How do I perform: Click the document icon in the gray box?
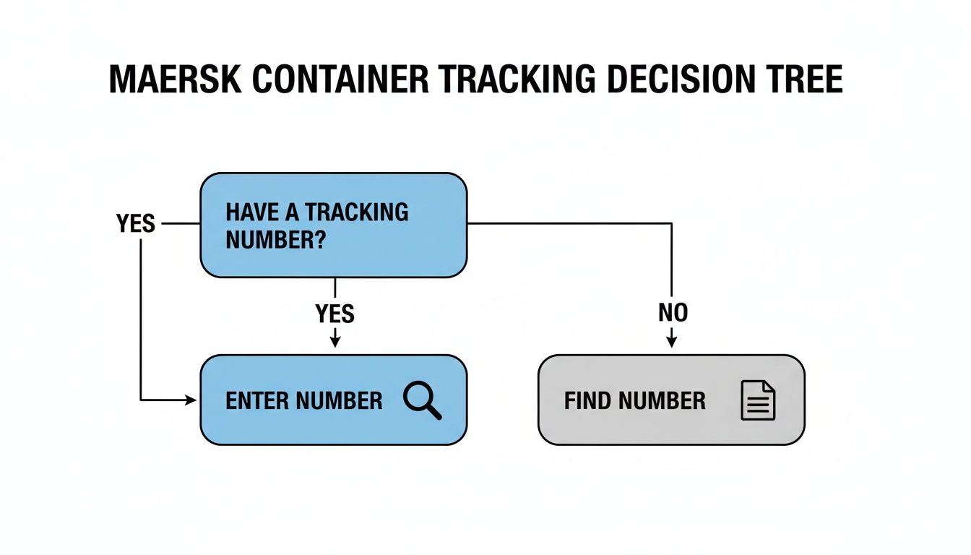[x=758, y=400]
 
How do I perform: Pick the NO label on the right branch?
[x=673, y=312]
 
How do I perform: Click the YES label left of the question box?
[x=136, y=224]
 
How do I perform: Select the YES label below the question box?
[x=335, y=313]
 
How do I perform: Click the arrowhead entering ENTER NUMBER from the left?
[x=191, y=400]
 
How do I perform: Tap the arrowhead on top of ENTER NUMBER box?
[x=335, y=343]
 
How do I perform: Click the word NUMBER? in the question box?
[x=274, y=240]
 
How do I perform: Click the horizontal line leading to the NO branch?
[x=571, y=224]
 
